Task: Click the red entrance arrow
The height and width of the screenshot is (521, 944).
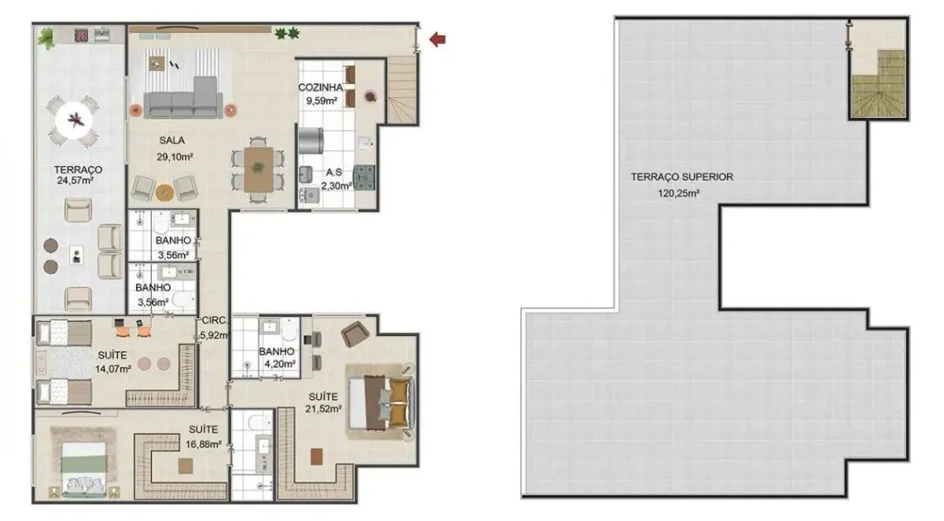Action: tap(437, 39)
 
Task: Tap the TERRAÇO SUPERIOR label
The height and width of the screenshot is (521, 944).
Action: tap(682, 177)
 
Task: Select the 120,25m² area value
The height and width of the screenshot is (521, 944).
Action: tap(679, 194)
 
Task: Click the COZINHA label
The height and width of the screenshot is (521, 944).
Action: tap(320, 87)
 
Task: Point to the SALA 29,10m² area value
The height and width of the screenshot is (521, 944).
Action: tap(175, 157)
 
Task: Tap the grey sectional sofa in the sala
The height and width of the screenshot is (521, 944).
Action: tap(183, 98)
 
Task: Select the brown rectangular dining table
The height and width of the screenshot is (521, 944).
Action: tap(258, 169)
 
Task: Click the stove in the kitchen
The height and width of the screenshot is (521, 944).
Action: tap(364, 177)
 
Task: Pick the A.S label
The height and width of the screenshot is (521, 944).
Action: tap(334, 172)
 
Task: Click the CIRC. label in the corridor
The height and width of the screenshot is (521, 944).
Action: tap(215, 320)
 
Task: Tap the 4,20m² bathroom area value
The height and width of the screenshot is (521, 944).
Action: tap(280, 364)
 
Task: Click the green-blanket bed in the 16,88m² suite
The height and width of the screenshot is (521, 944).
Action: tap(83, 469)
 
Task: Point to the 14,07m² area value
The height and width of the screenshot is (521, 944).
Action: tap(113, 369)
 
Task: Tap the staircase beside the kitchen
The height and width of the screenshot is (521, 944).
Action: tap(403, 90)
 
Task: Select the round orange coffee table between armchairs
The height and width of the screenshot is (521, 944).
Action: tap(164, 192)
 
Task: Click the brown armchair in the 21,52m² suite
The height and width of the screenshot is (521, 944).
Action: tap(356, 334)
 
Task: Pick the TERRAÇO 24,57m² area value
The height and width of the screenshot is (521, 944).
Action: tap(75, 181)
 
